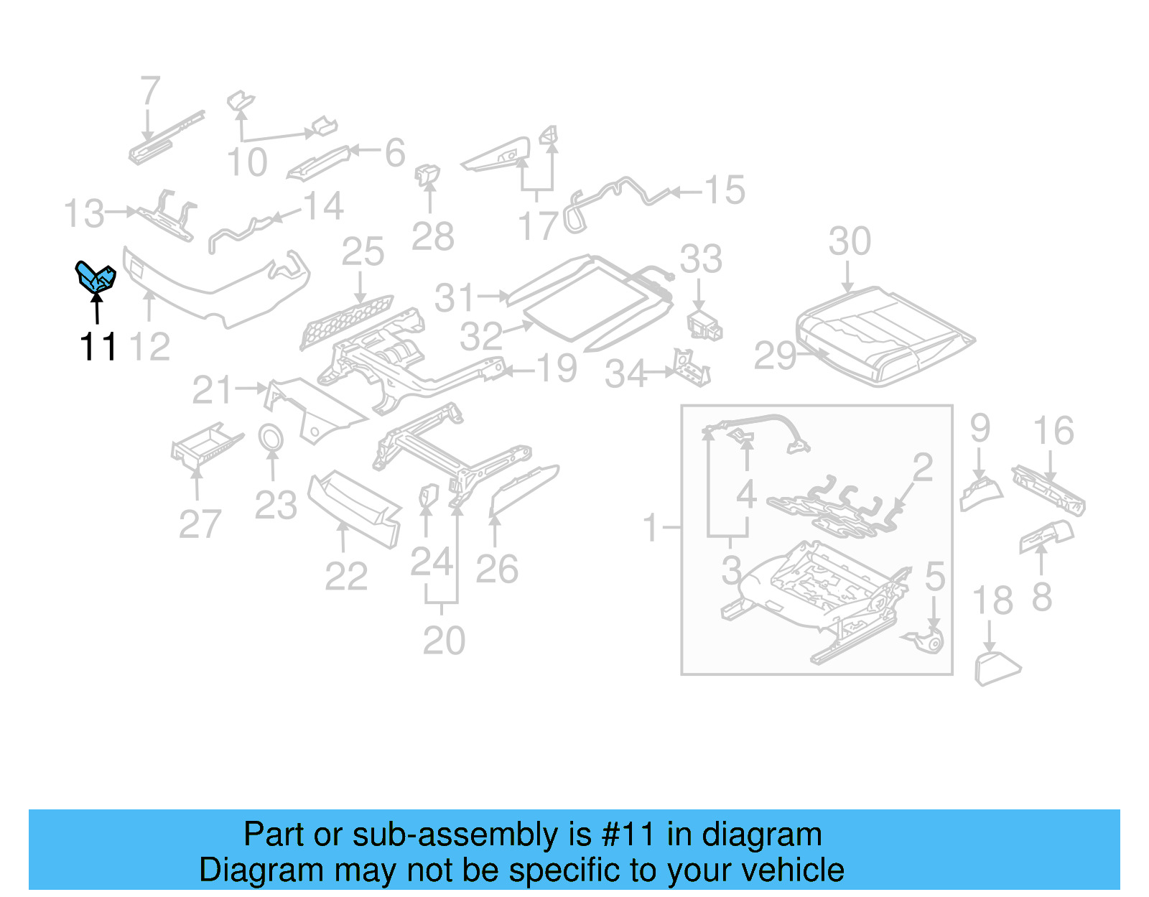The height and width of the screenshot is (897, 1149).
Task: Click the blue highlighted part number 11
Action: pyautogui.click(x=96, y=277)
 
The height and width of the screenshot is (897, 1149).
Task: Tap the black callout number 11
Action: pyautogui.click(x=98, y=348)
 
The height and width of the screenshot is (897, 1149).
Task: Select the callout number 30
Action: pyautogui.click(x=849, y=241)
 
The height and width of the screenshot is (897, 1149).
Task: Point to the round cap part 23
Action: pyautogui.click(x=271, y=437)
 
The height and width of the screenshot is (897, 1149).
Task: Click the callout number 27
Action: pyautogui.click(x=199, y=524)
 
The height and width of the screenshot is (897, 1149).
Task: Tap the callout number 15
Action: pyautogui.click(x=724, y=190)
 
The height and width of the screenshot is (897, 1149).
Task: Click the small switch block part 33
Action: pyautogui.click(x=704, y=326)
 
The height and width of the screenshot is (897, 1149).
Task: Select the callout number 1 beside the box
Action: pyautogui.click(x=651, y=528)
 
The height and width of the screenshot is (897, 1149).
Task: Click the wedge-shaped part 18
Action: pyautogui.click(x=995, y=669)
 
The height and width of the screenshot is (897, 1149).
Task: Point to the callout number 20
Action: pyautogui.click(x=443, y=641)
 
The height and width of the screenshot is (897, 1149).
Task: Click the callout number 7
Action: pyautogui.click(x=149, y=91)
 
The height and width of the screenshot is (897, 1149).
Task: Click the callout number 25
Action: pyautogui.click(x=363, y=252)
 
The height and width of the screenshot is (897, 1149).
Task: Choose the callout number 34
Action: pyautogui.click(x=625, y=374)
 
